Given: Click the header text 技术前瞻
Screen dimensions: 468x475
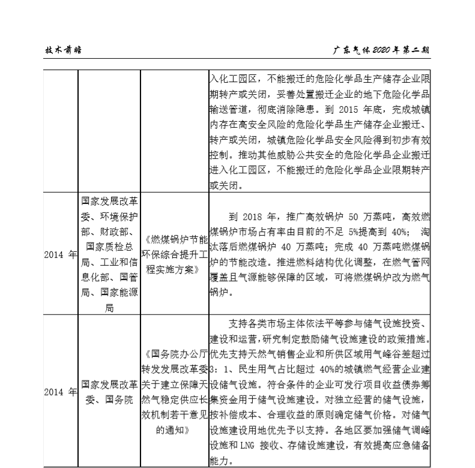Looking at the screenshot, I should [64, 50].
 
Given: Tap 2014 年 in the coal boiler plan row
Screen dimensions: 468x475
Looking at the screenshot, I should [60, 254].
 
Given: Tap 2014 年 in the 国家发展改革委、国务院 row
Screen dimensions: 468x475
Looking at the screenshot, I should [60, 392].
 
